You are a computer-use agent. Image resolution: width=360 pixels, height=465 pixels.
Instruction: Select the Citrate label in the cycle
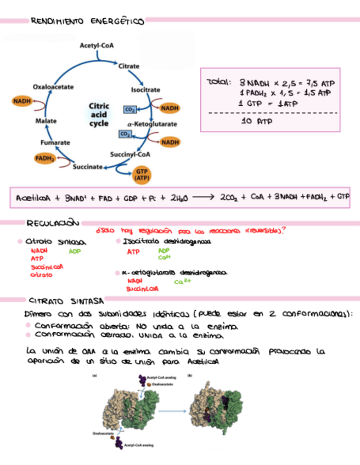pyautogui.click(x=129, y=66)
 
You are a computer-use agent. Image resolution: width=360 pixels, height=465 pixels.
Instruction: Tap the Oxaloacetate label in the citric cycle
pyautogui.click(x=54, y=87)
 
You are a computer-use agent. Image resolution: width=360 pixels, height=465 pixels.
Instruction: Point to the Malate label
pyautogui.click(x=43, y=120)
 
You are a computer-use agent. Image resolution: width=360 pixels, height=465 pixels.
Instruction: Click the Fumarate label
pyautogui.click(x=55, y=143)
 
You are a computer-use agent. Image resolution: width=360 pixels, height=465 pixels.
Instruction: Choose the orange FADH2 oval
pyautogui.click(x=45, y=158)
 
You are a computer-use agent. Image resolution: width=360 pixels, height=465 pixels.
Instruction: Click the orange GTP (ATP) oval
pyautogui.click(x=142, y=175)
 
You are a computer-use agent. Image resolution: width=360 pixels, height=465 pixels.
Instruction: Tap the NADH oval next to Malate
pyautogui.click(x=22, y=101)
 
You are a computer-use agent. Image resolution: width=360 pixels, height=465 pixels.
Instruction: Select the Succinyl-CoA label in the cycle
pyautogui.click(x=130, y=154)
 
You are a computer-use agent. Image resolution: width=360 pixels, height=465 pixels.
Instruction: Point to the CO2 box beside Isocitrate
pyautogui.click(x=130, y=109)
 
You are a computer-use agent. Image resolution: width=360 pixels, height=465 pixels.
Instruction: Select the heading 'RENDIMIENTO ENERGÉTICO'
pyautogui.click(x=88, y=21)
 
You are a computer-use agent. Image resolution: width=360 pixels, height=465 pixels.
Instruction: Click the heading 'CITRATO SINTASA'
pyautogui.click(x=60, y=301)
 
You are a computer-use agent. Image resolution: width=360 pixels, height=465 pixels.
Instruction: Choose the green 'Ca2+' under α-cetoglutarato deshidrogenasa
pyautogui.click(x=182, y=281)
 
